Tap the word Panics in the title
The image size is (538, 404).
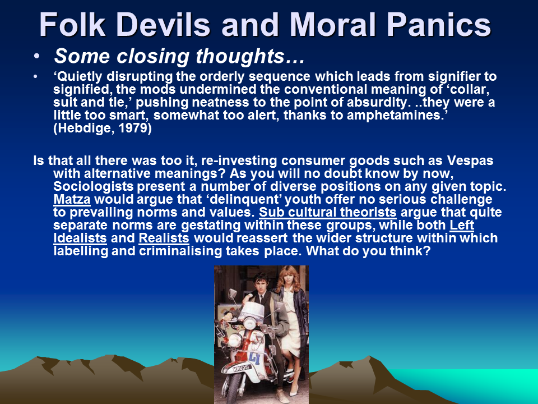439,25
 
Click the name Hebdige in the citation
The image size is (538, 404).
83,128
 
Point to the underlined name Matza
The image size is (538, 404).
72,199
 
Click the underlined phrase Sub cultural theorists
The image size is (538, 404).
328,212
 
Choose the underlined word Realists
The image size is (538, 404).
164,238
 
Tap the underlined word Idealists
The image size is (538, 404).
80,238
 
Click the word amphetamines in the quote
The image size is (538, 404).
396,115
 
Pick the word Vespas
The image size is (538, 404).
470,161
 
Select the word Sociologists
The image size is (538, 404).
94,186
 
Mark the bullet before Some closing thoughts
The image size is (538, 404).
37,56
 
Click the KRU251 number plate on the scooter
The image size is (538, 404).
242,368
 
